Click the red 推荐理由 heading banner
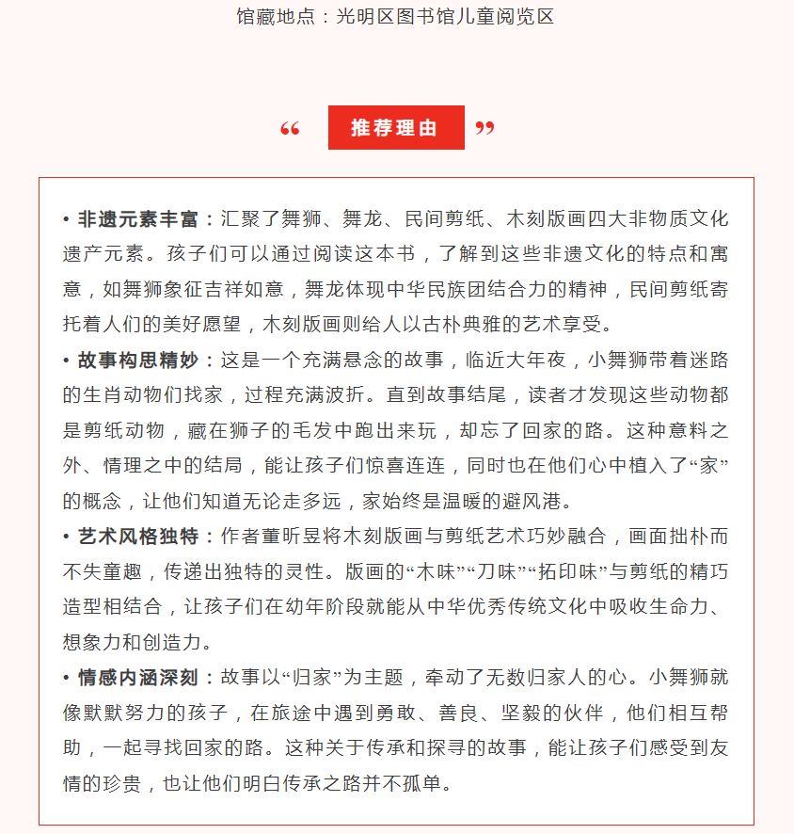pyautogui.click(x=396, y=128)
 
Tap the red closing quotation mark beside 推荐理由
pyautogui.click(x=484, y=128)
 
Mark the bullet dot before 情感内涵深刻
pyautogui.click(x=67, y=677)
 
